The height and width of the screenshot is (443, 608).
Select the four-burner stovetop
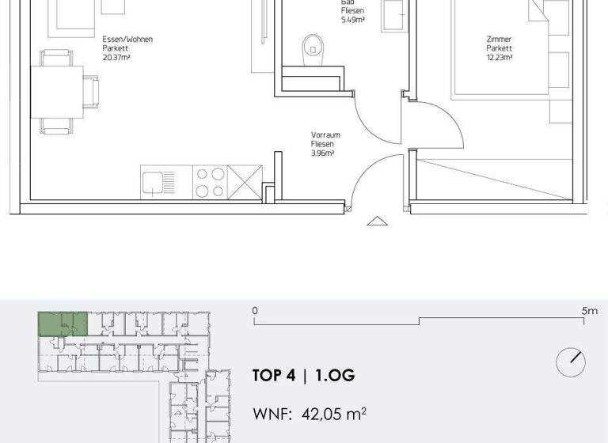point(209,182)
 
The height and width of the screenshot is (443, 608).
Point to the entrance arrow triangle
point(378,221)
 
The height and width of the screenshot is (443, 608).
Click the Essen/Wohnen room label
point(127,39)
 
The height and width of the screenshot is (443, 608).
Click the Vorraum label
point(323,135)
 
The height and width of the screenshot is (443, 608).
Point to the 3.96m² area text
point(323,153)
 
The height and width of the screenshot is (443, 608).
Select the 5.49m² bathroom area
point(352,21)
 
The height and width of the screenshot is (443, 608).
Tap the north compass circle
point(570,362)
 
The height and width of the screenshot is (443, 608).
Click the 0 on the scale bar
point(255,311)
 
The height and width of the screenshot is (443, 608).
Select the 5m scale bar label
point(589,311)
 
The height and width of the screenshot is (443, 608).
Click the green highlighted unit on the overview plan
point(62,324)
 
